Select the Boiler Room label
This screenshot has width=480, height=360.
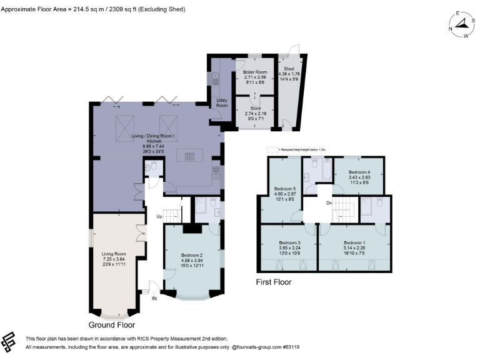tap(254, 72)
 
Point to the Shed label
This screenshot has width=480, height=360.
tap(289, 69)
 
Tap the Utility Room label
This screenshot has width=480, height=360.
tap(221, 102)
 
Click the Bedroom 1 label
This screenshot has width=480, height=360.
tap(354, 242)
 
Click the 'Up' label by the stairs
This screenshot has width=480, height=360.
tap(159, 216)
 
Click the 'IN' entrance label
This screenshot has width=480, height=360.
tap(154, 299)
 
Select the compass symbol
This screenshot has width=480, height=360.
tap(462, 25)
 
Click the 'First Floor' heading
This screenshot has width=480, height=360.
tap(274, 282)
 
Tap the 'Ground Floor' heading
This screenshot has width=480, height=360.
tap(111, 324)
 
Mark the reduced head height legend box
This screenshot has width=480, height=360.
tap(270, 149)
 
